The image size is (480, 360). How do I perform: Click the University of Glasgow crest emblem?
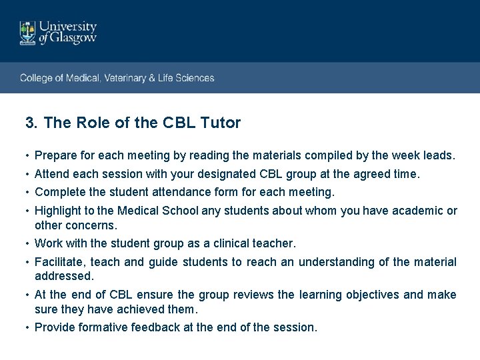click(x=28, y=33)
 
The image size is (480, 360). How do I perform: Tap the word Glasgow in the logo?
click(x=75, y=39)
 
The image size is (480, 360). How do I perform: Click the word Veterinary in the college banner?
click(x=126, y=78)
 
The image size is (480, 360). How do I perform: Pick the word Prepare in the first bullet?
click(x=55, y=156)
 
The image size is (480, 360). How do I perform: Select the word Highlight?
click(x=58, y=211)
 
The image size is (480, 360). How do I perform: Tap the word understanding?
click(x=343, y=262)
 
